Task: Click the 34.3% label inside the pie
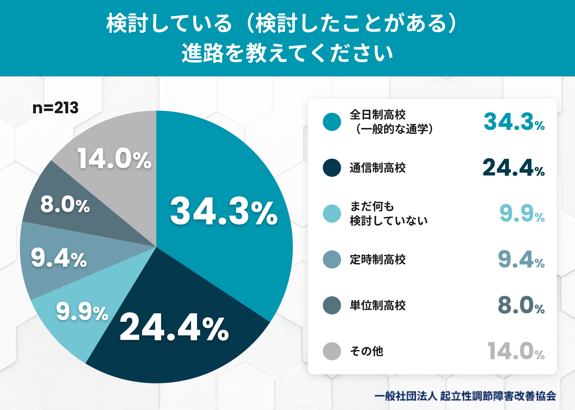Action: click(x=224, y=211)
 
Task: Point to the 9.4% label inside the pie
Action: click(x=59, y=258)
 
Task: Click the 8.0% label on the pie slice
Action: click(x=65, y=204)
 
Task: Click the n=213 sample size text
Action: click(x=55, y=108)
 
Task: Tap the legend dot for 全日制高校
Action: click(x=332, y=122)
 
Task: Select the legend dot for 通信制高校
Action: click(x=332, y=168)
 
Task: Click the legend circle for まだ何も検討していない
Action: click(x=332, y=214)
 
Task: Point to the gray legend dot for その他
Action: click(x=332, y=351)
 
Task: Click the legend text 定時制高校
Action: click(x=378, y=260)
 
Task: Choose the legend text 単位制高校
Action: click(x=378, y=305)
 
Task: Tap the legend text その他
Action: click(x=367, y=351)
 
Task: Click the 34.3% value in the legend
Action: click(x=514, y=122)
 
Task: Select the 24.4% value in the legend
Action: click(x=514, y=168)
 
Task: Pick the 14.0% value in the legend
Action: click(x=516, y=351)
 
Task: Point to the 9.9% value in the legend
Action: click(x=522, y=213)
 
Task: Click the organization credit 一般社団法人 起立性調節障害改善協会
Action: click(x=465, y=396)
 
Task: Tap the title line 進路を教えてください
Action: click(x=287, y=53)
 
